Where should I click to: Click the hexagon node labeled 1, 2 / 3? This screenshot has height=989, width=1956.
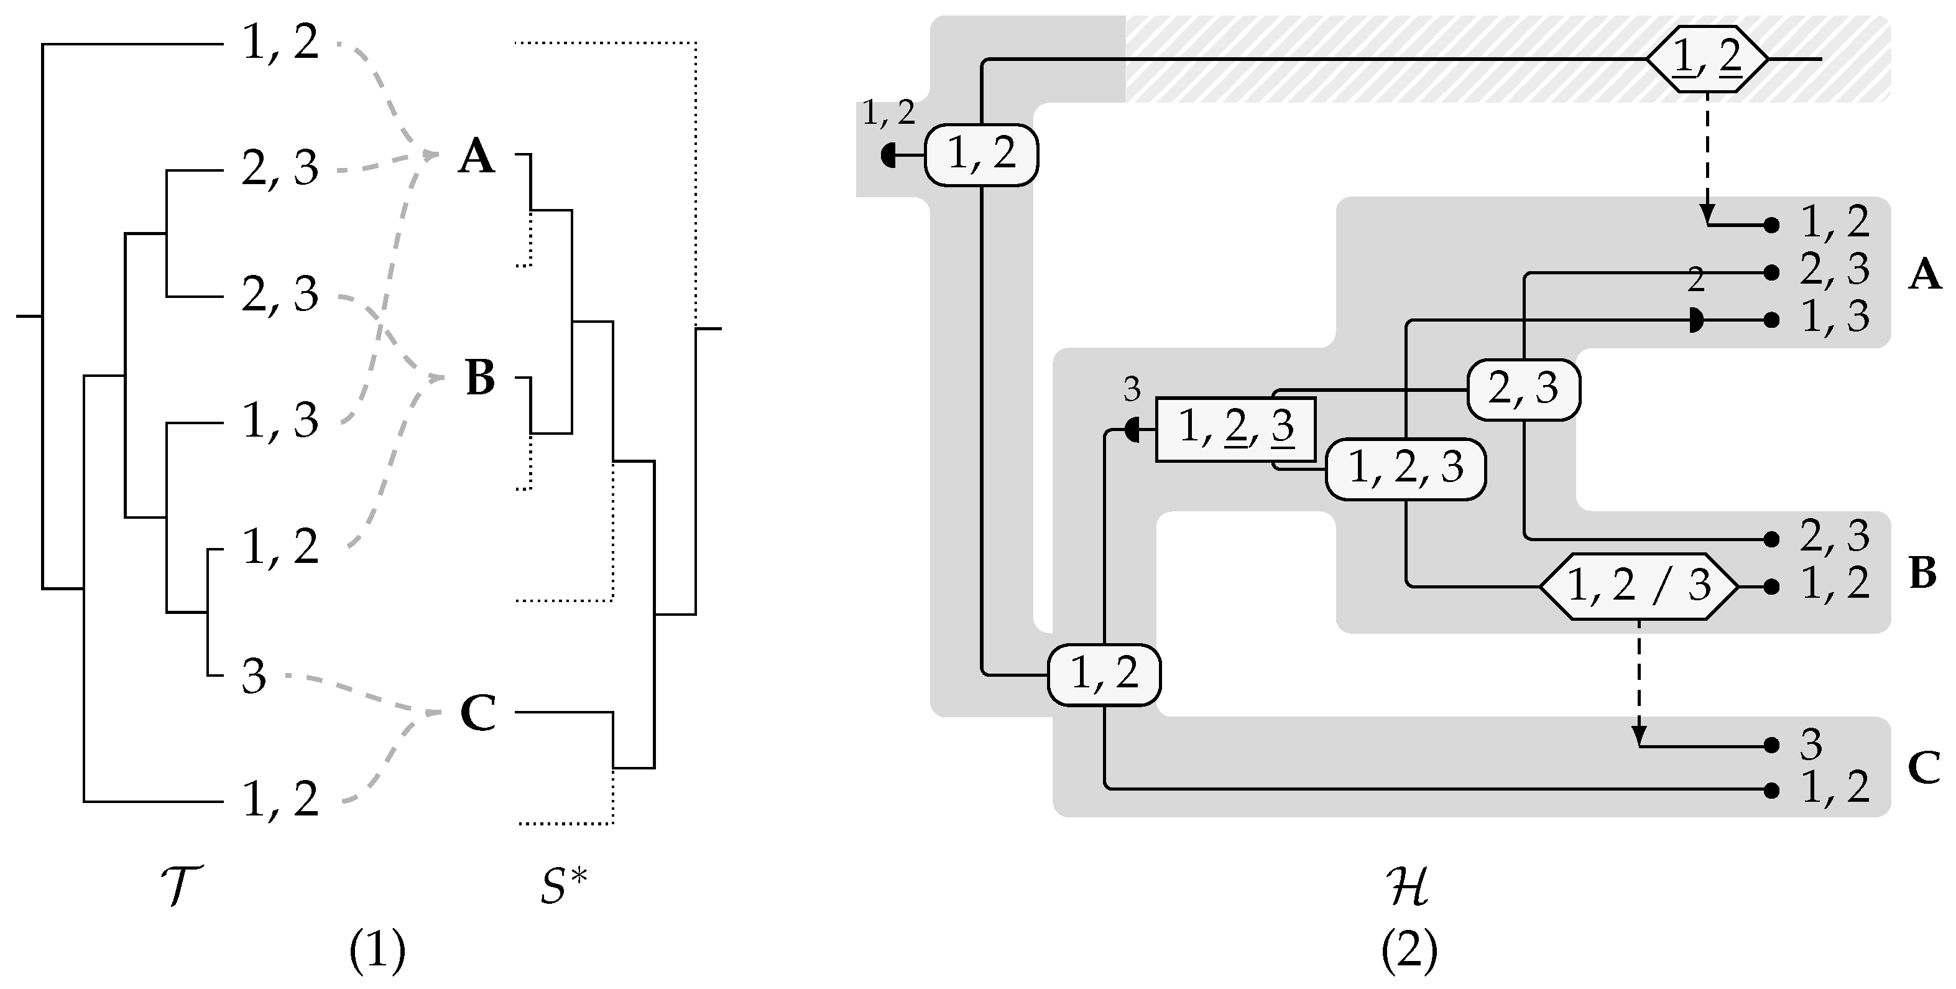[1638, 587]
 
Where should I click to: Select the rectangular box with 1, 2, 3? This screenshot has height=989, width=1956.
[1235, 430]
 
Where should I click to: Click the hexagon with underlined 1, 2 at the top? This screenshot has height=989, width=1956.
[1707, 58]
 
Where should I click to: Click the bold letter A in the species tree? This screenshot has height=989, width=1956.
[477, 158]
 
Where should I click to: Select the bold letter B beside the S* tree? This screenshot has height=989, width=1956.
[479, 378]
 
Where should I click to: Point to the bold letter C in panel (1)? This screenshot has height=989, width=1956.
[478, 713]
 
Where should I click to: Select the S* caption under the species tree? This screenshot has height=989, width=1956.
[564, 886]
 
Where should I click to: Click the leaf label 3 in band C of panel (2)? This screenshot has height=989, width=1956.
[1811, 745]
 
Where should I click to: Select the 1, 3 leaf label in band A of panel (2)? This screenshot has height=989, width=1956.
[1835, 317]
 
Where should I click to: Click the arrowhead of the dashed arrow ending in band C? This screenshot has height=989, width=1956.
[1639, 737]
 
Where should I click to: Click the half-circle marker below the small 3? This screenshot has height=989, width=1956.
[1132, 430]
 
